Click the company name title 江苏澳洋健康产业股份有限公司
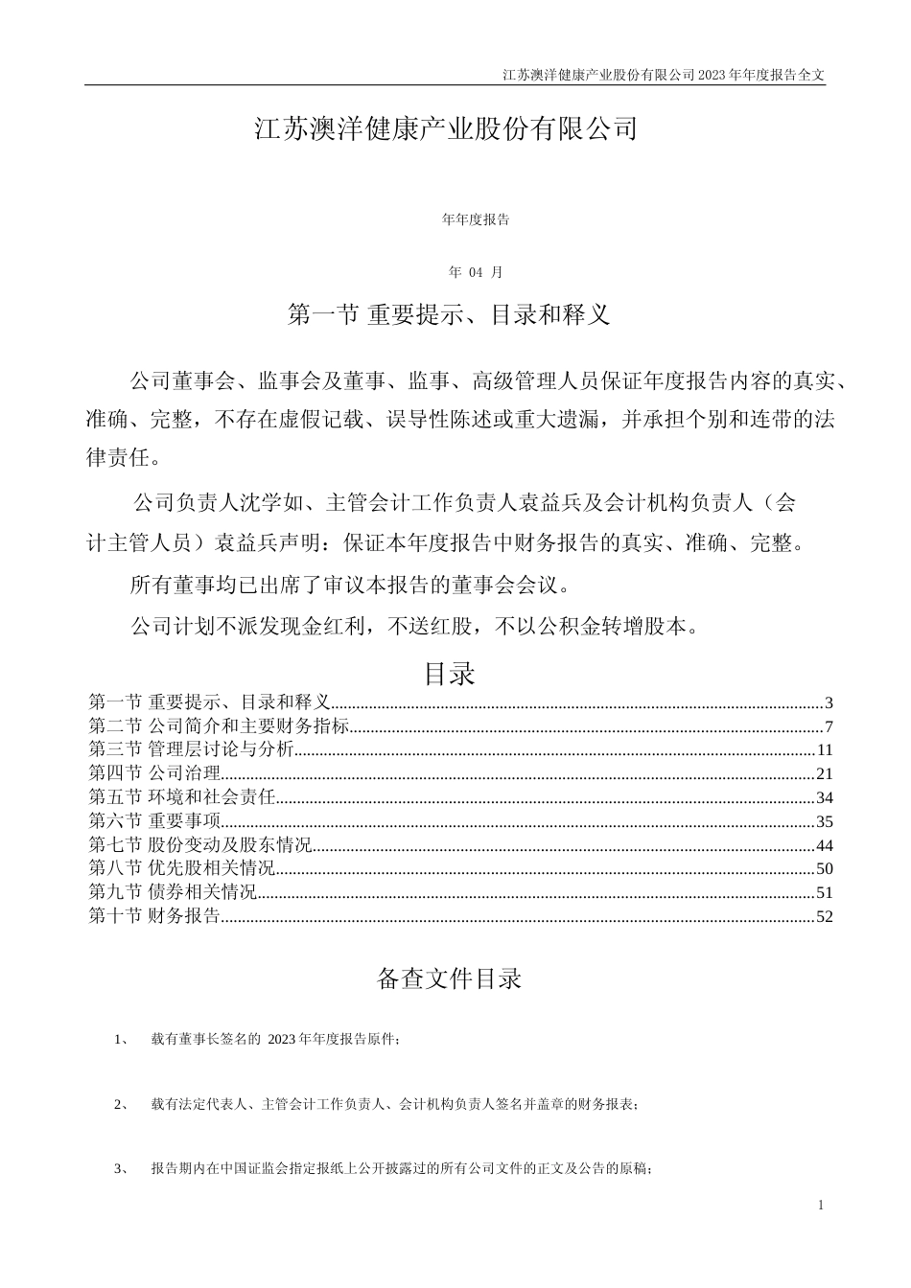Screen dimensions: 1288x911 coord(446,129)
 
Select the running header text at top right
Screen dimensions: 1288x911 coord(664,74)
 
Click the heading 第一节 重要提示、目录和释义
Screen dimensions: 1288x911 coord(449,314)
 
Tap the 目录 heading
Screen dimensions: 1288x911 coord(450,674)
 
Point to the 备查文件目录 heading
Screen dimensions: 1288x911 coord(449,978)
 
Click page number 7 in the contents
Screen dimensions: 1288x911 coord(829,726)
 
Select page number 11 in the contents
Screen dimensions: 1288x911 coord(826,750)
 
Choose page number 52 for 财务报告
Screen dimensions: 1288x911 coord(825,917)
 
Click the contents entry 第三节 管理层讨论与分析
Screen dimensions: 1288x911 coord(191,749)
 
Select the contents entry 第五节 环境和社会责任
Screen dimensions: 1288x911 coord(182,797)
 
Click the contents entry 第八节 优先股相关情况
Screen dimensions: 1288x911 coord(182,869)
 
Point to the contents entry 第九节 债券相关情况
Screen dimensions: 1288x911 coord(173,893)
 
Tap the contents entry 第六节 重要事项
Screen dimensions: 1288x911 coord(154,821)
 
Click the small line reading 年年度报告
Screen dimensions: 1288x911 coord(476,219)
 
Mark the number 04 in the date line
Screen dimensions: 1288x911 coord(478,272)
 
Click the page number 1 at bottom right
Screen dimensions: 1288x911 coord(822,1205)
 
